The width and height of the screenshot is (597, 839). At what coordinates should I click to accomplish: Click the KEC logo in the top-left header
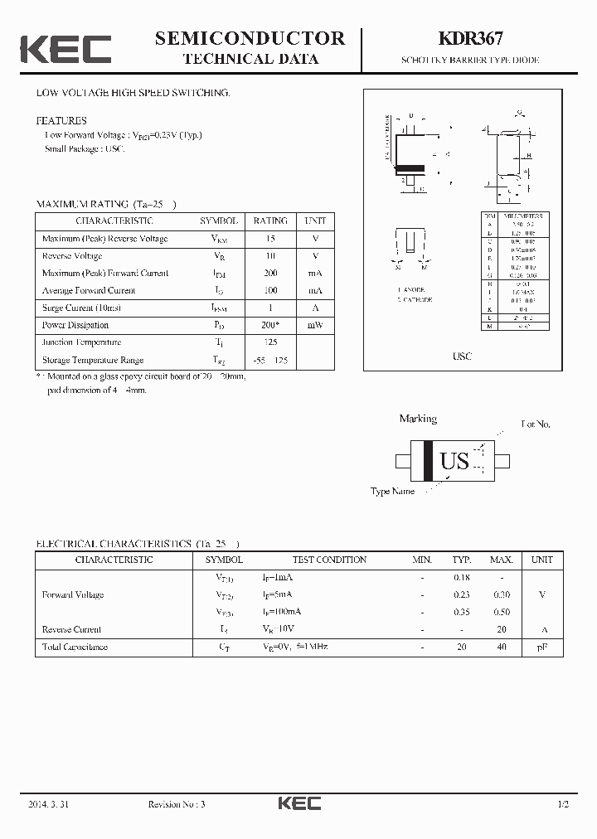pos(66,49)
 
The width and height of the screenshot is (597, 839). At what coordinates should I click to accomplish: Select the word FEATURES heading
pos(61,120)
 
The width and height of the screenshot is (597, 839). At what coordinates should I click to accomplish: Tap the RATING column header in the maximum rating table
pos(270,221)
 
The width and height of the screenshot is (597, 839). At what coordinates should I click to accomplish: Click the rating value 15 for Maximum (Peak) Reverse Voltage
pos(270,239)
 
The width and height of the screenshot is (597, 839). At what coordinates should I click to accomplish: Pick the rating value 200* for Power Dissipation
pos(270,325)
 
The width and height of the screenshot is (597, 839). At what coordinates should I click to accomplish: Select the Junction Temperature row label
pos(81,342)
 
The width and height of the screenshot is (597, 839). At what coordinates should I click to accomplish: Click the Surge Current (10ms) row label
pos(80,308)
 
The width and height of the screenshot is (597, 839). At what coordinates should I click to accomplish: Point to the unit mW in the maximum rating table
pos(315,325)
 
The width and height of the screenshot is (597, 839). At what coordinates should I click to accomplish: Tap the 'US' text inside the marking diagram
pos(454,461)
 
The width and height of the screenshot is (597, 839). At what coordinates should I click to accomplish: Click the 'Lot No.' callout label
pos(535,424)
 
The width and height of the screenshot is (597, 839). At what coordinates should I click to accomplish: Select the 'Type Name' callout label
pos(392,492)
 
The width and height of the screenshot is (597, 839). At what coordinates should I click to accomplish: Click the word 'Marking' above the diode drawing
pos(418,419)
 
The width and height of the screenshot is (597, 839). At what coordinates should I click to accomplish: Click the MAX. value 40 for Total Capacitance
pos(501,647)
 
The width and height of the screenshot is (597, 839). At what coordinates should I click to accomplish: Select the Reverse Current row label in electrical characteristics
pos(71,629)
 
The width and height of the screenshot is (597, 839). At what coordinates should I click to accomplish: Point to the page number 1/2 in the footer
pos(563,804)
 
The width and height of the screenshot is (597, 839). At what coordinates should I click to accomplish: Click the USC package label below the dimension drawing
pos(462,356)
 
